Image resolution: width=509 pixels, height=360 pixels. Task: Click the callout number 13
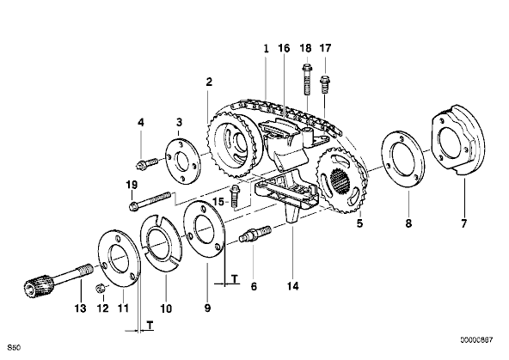tap(81, 308)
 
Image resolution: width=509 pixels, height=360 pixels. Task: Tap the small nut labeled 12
tap(101, 287)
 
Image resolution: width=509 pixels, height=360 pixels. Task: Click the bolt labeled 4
tap(146, 162)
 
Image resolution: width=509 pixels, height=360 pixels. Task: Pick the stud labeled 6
tap(254, 234)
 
